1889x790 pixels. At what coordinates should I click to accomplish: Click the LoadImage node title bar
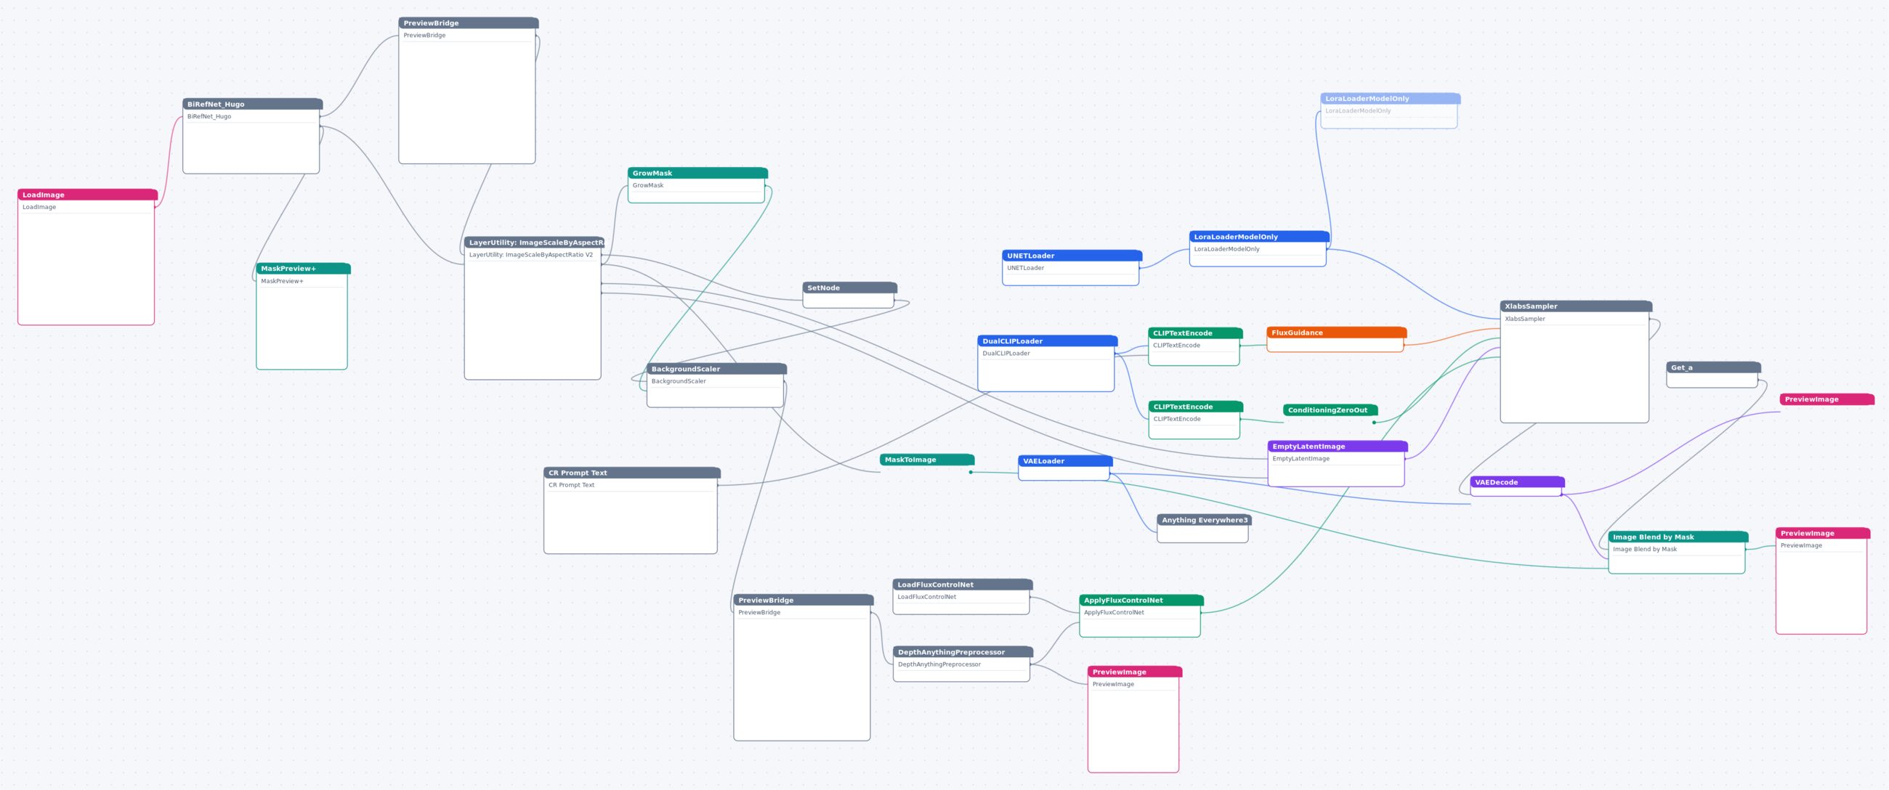click(87, 195)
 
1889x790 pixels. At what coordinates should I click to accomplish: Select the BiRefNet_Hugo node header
click(252, 104)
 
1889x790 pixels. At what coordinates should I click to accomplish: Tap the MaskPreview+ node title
click(303, 269)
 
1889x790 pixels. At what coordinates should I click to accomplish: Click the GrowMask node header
click(697, 174)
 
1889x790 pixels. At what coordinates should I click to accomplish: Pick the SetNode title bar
click(849, 288)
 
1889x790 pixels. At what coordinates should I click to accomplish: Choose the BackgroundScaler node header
click(716, 370)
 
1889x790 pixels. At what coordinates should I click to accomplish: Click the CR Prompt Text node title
click(631, 473)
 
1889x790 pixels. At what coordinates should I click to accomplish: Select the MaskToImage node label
click(927, 460)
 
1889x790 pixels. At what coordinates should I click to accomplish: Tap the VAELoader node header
click(1065, 461)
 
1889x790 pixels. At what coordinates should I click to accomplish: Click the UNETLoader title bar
click(1072, 256)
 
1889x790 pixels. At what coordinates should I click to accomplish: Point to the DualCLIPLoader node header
click(1047, 341)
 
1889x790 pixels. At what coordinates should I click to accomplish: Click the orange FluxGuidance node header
click(1336, 333)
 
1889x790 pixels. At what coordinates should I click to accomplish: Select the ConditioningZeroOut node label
click(1330, 410)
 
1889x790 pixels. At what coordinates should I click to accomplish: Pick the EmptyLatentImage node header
click(1338, 447)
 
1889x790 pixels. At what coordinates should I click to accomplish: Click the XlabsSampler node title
click(1576, 306)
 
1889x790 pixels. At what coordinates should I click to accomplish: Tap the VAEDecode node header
click(1517, 482)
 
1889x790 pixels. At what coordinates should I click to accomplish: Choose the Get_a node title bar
click(1713, 367)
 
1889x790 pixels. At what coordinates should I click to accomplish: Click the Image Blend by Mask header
click(1678, 537)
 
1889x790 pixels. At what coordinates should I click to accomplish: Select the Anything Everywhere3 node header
click(1204, 521)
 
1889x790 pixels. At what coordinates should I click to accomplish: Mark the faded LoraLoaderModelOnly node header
click(1390, 99)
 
